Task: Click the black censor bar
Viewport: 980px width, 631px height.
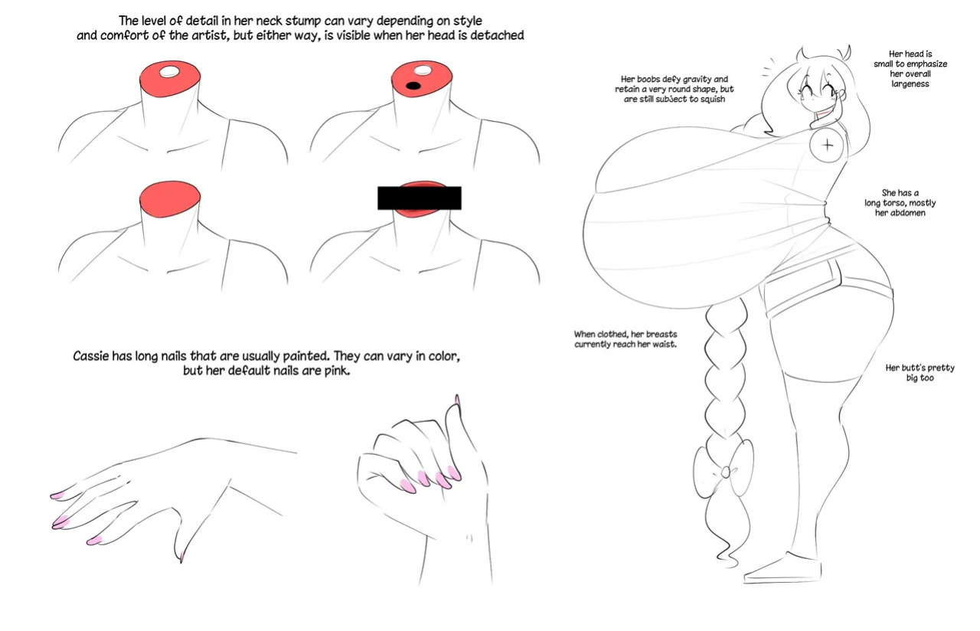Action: [x=419, y=198]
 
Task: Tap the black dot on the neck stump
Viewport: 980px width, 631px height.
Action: [x=413, y=86]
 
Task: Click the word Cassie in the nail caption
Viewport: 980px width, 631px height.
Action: [x=90, y=356]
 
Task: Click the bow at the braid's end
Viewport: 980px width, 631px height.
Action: [x=724, y=470]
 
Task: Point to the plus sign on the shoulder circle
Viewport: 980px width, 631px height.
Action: [x=827, y=145]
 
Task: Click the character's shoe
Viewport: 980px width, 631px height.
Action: [x=783, y=569]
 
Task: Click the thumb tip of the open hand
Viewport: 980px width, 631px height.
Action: [x=181, y=558]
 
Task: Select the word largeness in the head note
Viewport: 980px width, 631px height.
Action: [x=910, y=83]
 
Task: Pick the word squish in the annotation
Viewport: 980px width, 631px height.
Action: [x=711, y=100]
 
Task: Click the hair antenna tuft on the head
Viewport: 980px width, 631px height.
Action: [x=844, y=54]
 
